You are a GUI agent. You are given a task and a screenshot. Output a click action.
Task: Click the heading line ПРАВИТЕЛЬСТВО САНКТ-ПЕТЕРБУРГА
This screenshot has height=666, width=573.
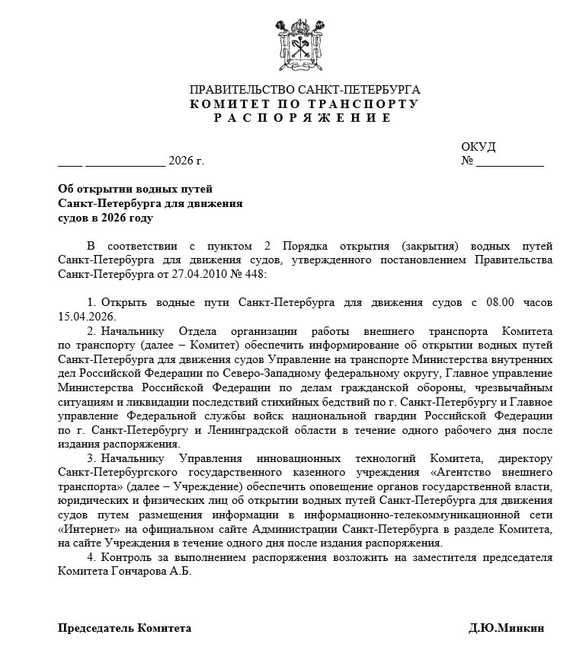[x=304, y=90]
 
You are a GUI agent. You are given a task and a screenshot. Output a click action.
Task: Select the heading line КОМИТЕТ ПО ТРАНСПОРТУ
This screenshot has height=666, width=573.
[x=304, y=104]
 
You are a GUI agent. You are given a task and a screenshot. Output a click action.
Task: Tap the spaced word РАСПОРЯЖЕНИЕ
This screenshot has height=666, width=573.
[x=303, y=118]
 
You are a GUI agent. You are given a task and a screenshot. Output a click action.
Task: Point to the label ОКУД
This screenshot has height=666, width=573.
[x=479, y=146]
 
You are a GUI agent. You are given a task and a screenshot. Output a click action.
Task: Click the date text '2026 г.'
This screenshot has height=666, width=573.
[x=186, y=161]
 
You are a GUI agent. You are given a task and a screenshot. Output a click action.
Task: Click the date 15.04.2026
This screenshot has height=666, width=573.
[x=88, y=316]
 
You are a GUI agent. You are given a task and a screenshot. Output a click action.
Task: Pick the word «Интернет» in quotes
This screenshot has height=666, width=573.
[x=89, y=529]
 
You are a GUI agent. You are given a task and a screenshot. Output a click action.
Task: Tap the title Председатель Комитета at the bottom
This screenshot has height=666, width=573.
[x=125, y=628]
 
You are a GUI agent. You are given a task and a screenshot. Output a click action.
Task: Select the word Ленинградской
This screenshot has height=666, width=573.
[x=252, y=430]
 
